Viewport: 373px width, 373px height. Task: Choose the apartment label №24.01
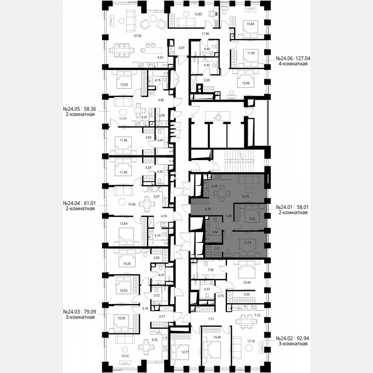(x=284, y=207)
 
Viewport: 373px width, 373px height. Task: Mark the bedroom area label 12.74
(x=248, y=243)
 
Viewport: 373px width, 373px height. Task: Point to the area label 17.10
(x=250, y=341)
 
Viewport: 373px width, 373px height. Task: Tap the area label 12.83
(x=198, y=14)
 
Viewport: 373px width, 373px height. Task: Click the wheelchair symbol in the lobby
(x=219, y=115)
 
